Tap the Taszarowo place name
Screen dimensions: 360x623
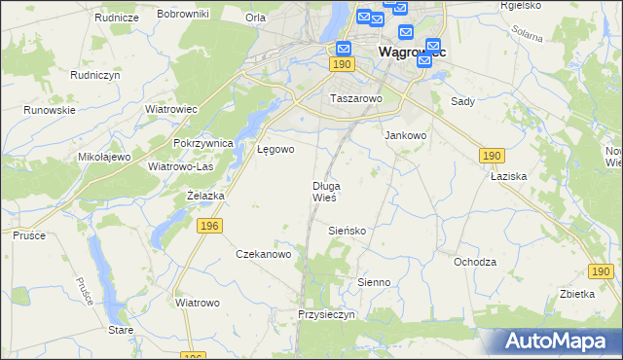tap(357, 99)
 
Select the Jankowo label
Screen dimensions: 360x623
tap(406, 136)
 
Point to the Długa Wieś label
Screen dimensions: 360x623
tap(325, 192)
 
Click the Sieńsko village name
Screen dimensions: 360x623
tap(346, 231)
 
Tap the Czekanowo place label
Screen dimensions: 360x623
tap(264, 254)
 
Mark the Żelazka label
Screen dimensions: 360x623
tap(205, 196)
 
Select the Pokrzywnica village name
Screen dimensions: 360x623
tap(203, 143)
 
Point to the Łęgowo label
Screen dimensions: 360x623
tap(275, 150)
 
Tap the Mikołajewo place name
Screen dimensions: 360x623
tap(104, 157)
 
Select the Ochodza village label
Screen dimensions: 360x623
tap(475, 262)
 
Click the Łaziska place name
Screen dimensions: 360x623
tap(508, 177)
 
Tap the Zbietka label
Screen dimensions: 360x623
tap(577, 294)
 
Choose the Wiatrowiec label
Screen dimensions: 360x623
tap(170, 109)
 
